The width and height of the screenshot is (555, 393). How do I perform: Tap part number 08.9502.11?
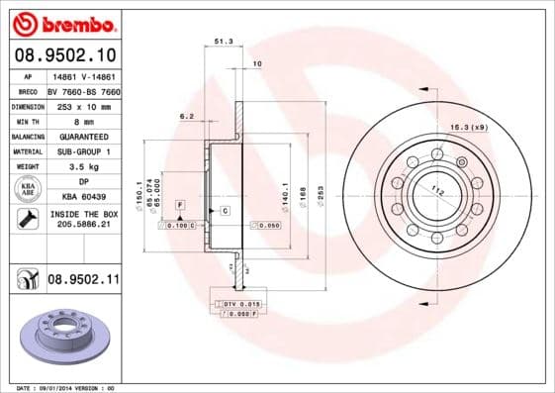pyautogui.click(x=83, y=281)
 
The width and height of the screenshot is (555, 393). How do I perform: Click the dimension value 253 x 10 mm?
pyautogui.click(x=82, y=105)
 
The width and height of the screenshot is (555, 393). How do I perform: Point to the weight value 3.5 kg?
pyautogui.click(x=82, y=167)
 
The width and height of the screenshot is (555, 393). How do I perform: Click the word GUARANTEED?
pyautogui.click(x=82, y=136)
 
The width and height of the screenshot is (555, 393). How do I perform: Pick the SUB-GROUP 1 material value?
pyautogui.click(x=82, y=151)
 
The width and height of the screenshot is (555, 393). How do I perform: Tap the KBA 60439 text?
pyautogui.click(x=83, y=198)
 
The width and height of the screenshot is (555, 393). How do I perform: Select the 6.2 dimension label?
pyautogui.click(x=186, y=116)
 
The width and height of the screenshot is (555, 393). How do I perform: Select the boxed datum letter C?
pyautogui.click(x=225, y=211)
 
